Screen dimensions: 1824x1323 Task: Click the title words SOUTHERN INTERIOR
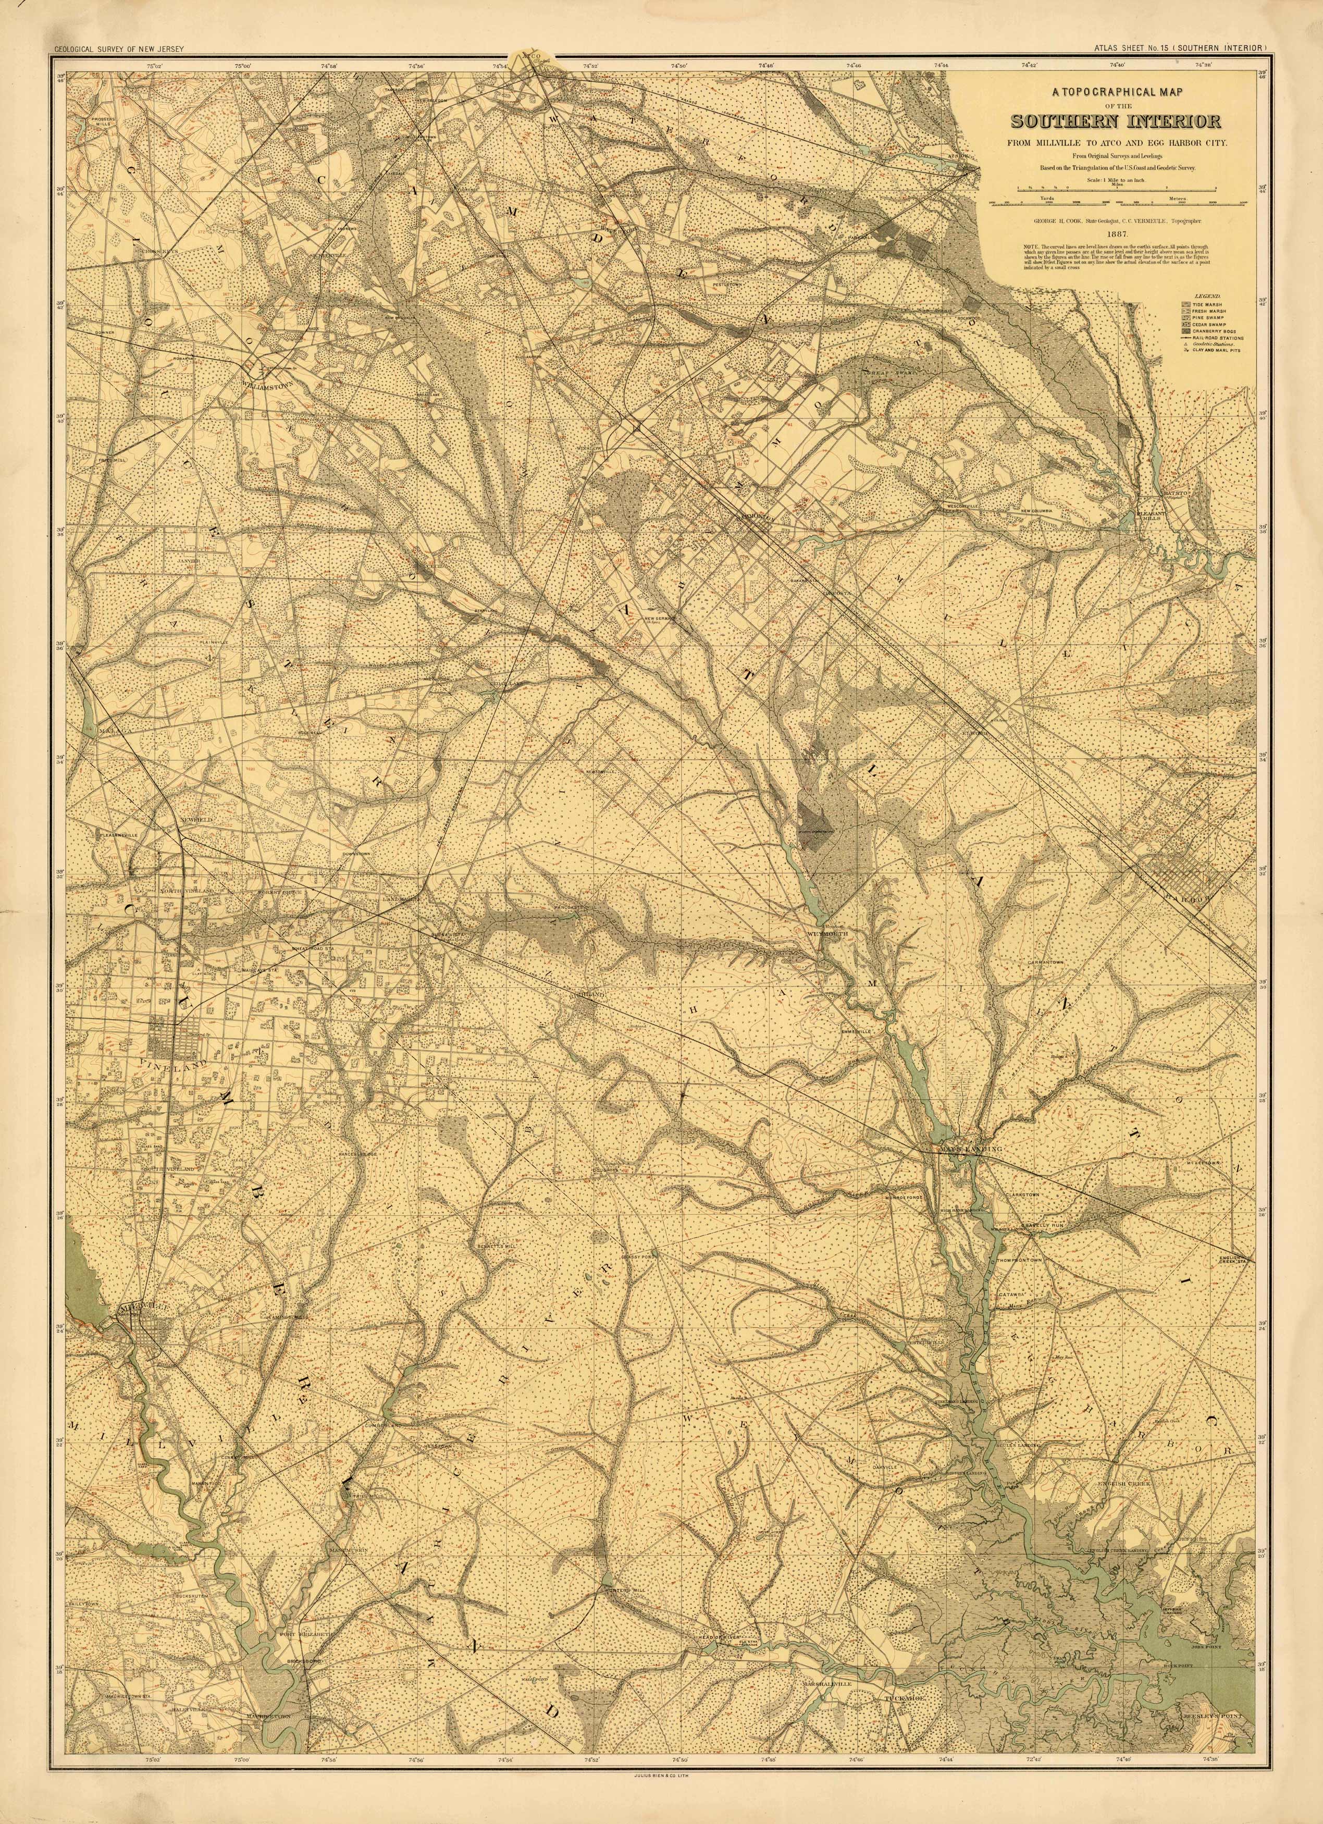(1117, 122)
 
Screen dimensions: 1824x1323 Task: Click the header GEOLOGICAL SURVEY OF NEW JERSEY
(119, 50)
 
